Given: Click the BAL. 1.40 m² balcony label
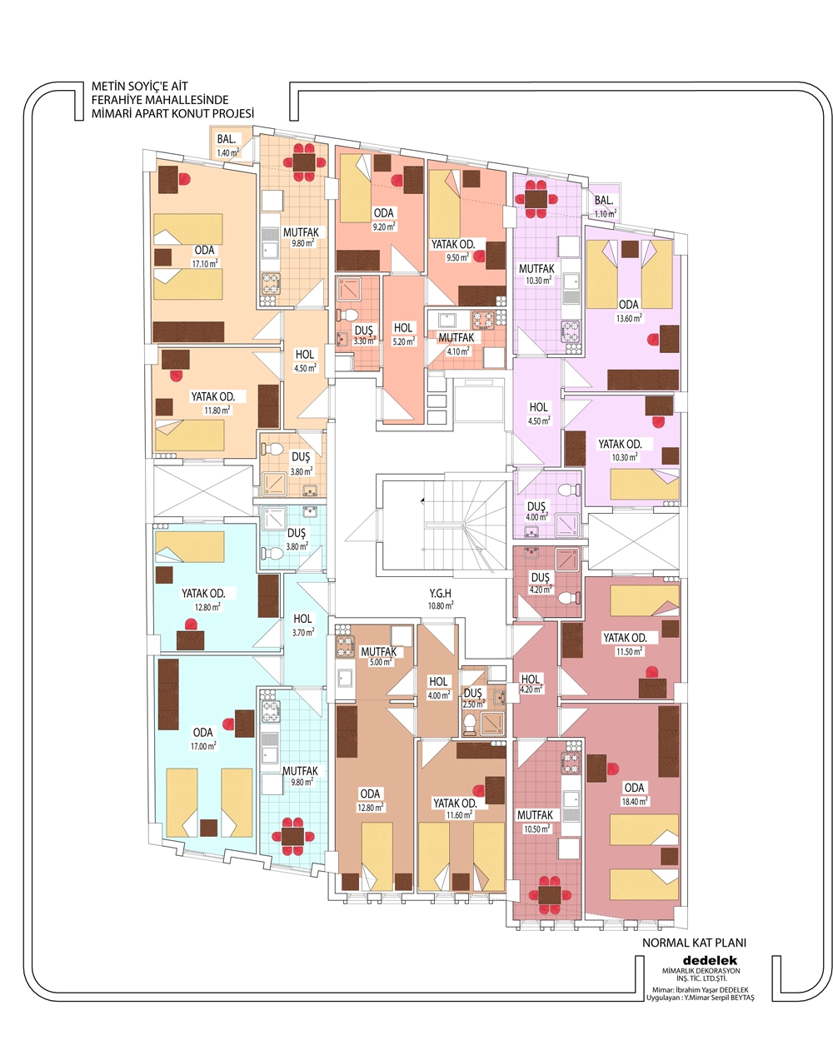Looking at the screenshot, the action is (227, 145).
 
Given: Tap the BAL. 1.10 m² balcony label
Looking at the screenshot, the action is (605, 207).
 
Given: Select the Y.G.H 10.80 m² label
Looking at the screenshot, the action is (441, 599).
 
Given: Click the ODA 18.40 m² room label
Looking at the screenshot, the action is (635, 794).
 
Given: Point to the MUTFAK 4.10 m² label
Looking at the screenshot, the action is (456, 344).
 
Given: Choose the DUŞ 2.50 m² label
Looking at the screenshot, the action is (473, 699).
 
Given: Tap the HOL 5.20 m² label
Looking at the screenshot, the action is (403, 335).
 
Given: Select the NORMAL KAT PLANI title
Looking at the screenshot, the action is (694, 943).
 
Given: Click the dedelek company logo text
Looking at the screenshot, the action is (710, 961).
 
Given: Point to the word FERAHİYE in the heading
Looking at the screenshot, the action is (117, 100).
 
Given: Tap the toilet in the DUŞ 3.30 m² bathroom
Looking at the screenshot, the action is (347, 316).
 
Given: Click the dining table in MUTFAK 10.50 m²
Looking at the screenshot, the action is (549, 894).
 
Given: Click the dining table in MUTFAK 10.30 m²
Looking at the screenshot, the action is (536, 199).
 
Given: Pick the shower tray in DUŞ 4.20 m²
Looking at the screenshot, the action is (566, 559).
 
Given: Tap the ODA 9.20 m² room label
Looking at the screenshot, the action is (384, 219).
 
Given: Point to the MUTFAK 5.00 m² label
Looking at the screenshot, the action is (379, 656).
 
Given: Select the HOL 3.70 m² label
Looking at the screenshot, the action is (303, 625).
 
